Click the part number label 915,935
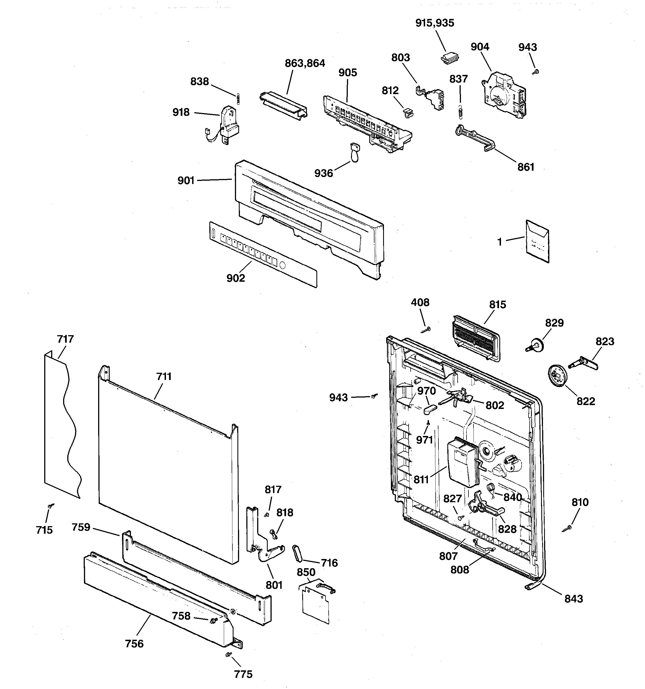pos(435,23)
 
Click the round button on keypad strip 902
pos(282,266)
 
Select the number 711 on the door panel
pos(164,376)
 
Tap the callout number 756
pos(134,644)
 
